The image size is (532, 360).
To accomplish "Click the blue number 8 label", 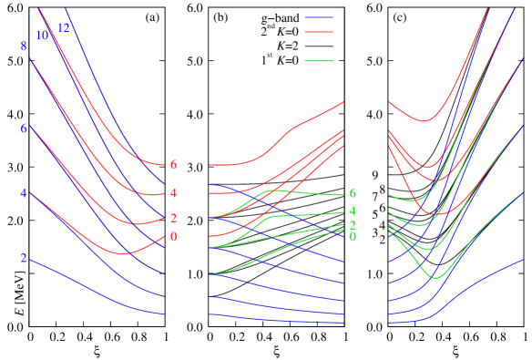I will point(24,46).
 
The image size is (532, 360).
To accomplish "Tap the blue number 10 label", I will point(42,36).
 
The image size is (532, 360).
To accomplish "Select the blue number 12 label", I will point(64,28).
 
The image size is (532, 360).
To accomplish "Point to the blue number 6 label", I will point(24,129).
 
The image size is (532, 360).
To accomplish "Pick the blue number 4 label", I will point(24,193).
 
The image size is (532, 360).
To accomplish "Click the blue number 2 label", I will point(24,258).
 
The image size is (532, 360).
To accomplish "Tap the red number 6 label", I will point(173,165).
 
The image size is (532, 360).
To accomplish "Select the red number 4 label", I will point(173,193).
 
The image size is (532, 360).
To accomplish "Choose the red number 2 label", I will point(173,219).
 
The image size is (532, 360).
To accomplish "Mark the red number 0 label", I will point(173,237).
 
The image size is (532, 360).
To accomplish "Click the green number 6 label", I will point(353,194).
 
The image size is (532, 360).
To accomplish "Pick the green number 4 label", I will point(353,211).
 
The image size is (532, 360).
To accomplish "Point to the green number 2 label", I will point(353,225).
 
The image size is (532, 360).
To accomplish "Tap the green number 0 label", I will point(353,237).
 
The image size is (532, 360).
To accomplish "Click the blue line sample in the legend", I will point(319,17).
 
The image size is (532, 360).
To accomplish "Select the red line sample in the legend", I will point(319,32).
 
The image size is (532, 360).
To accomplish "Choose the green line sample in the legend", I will point(319,61).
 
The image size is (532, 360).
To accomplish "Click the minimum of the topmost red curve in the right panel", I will point(423,120).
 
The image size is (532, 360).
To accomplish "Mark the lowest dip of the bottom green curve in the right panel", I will point(436,276).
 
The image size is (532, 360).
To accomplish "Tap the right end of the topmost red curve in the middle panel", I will point(343,102).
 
